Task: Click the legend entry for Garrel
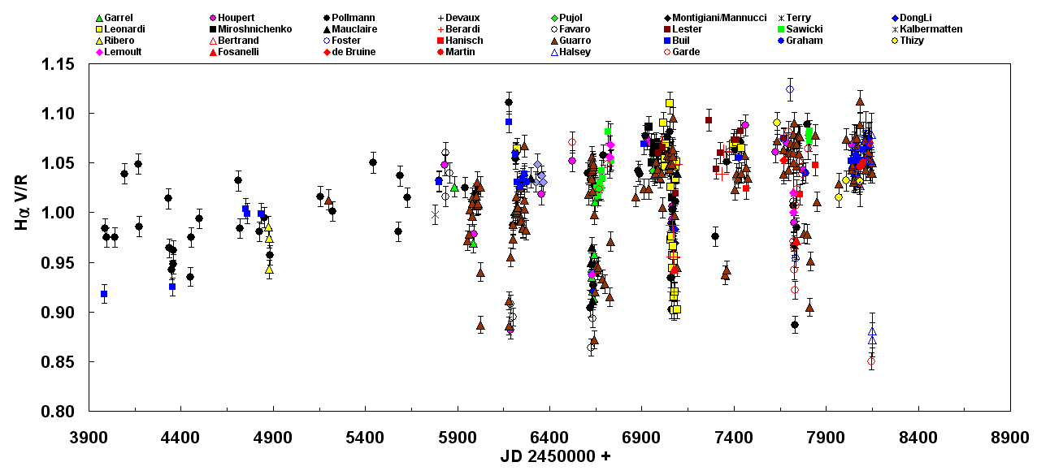click(x=118, y=17)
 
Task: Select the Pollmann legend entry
click(x=353, y=17)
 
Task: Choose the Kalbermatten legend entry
click(x=931, y=28)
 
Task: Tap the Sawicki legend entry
click(x=805, y=28)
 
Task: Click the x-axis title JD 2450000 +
click(x=555, y=457)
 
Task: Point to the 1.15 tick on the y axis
click(x=58, y=64)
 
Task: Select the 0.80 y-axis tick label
click(x=58, y=412)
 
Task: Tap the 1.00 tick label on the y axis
click(x=58, y=213)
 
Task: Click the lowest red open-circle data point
click(x=871, y=362)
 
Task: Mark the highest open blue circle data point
click(x=789, y=89)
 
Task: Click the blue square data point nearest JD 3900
click(x=104, y=294)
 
